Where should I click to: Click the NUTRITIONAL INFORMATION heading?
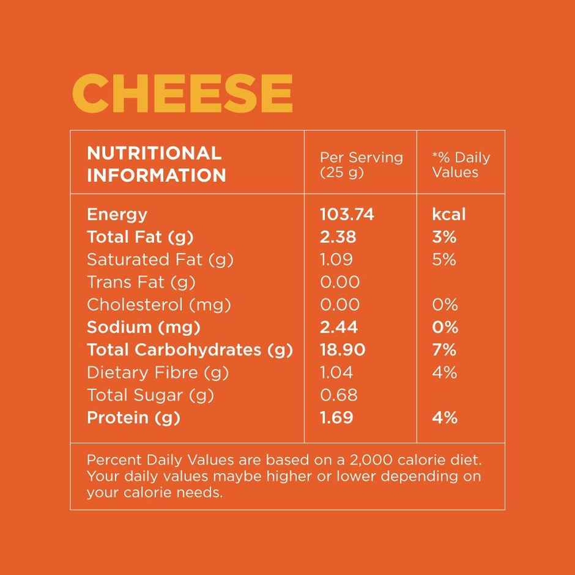157,164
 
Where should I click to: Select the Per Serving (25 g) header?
361,164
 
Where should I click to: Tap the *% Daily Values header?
461,164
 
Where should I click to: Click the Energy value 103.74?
347,215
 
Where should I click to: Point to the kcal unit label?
448,215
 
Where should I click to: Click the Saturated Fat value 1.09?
336,260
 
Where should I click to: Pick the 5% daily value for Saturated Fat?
444,260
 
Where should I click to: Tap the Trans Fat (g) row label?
141,283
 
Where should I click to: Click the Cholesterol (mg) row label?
159,305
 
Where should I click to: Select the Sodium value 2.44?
338,327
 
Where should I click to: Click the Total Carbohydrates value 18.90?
343,350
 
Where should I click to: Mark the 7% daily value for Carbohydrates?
444,350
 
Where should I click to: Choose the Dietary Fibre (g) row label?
158,373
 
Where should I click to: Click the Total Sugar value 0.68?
338,395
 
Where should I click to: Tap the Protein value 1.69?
336,418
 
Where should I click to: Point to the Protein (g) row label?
134,418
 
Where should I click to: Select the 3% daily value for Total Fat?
444,237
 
